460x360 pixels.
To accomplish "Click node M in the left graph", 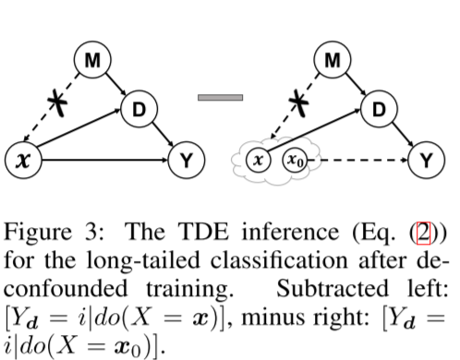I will point(92,63).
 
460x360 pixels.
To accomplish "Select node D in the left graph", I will point(136,112).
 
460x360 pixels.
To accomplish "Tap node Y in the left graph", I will point(188,161).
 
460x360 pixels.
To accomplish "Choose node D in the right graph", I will point(375,111).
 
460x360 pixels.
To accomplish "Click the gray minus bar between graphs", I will point(221,97).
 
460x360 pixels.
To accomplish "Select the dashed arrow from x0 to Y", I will point(366,160).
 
